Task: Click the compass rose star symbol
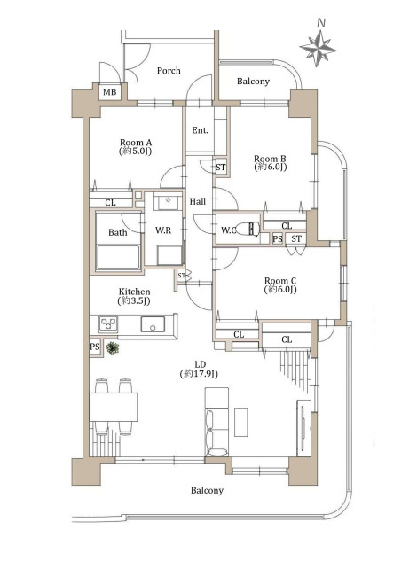318,48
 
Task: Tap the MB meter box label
110,92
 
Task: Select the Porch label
169,71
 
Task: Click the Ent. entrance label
200,130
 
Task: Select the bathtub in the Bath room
118,256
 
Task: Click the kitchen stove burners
108,324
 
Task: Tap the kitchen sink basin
153,324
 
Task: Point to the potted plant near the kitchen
113,347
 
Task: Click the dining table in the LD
114,407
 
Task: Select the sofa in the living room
216,422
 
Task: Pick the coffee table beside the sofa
241,422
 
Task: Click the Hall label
198,202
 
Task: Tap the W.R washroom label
163,230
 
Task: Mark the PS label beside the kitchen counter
95,347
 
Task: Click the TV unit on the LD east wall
303,428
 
